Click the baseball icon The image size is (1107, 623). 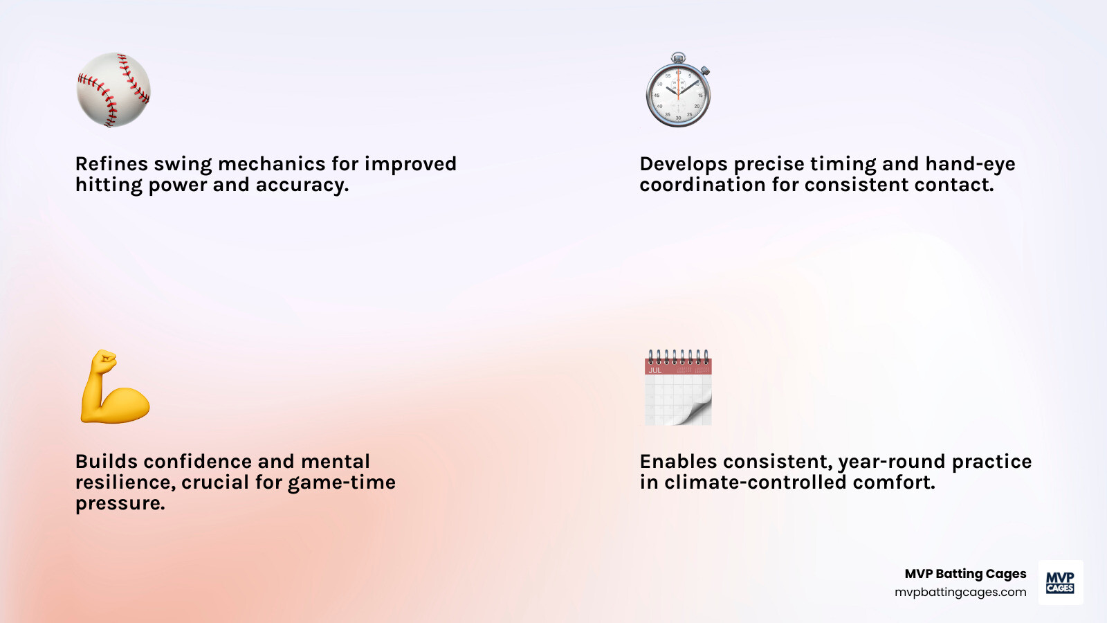pyautogui.click(x=113, y=89)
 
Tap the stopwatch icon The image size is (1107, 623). pyautogui.click(x=678, y=89)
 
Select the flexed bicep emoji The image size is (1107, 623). pyautogui.click(x=115, y=387)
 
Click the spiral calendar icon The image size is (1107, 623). pyautogui.click(x=678, y=387)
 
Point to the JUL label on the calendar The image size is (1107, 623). pyautogui.click(x=655, y=370)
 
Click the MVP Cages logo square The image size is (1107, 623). pyautogui.click(x=1061, y=582)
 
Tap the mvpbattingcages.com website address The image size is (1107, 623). pyautogui.click(x=960, y=592)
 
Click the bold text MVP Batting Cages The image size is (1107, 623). pyautogui.click(x=965, y=574)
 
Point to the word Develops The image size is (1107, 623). pyautogui.click(x=684, y=164)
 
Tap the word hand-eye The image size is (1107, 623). pyautogui.click(x=970, y=163)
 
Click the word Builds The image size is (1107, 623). pyautogui.click(x=107, y=461)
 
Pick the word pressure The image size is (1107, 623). pyautogui.click(x=120, y=503)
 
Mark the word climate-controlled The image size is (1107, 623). pyautogui.click(x=755, y=482)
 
